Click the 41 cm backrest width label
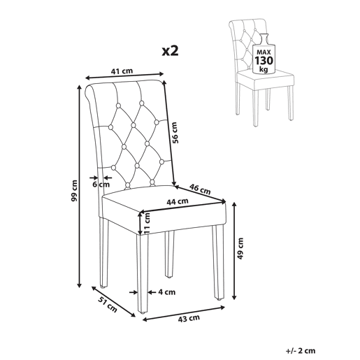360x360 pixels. [x=122, y=71]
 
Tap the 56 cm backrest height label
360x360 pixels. [x=175, y=133]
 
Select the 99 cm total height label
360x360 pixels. [x=75, y=191]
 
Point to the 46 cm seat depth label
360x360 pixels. [x=200, y=189]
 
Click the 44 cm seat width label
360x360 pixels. [x=178, y=201]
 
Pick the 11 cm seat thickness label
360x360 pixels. [x=147, y=224]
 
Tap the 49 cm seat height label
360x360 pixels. [x=240, y=249]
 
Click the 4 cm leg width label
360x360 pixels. [x=167, y=292]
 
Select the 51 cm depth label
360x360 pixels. [x=108, y=305]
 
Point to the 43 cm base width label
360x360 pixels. [x=189, y=319]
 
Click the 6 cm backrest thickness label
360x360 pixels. [x=101, y=185]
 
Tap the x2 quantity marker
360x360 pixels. [x=171, y=50]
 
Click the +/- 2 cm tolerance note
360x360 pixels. [x=301, y=351]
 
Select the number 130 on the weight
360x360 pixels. [x=264, y=60]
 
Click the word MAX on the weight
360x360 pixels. [x=264, y=52]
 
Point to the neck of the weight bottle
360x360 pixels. [x=264, y=39]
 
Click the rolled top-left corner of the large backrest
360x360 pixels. [x=89, y=92]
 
